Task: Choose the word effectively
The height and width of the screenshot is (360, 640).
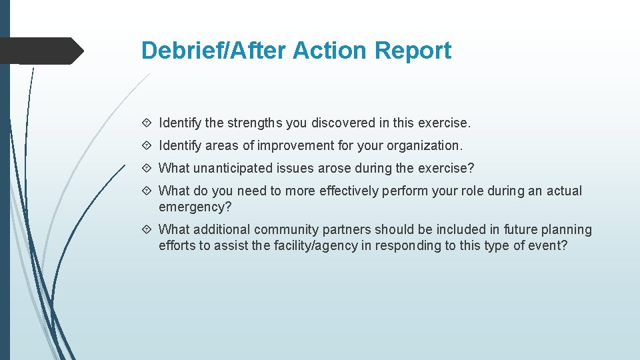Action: (350, 191)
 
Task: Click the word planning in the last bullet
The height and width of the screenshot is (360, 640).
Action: (566, 230)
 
